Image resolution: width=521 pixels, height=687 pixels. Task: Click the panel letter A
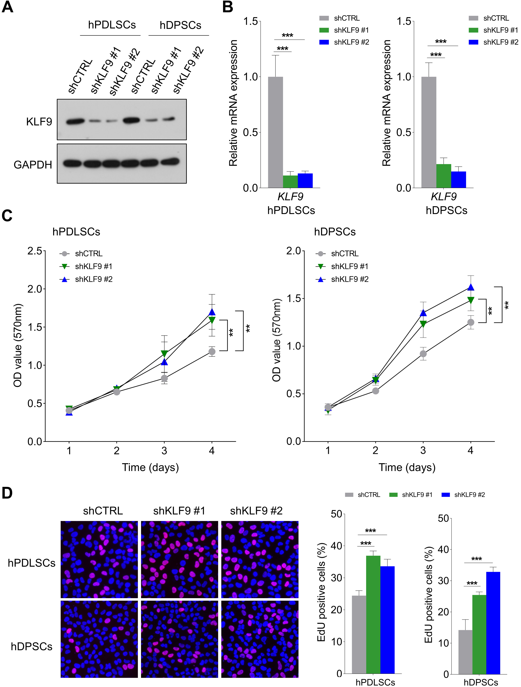8,7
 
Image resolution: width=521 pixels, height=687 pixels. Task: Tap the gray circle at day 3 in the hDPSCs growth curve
423,354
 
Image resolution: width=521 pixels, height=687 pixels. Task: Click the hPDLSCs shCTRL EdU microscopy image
99,560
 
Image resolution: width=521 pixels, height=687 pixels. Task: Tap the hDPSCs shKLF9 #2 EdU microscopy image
260,639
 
